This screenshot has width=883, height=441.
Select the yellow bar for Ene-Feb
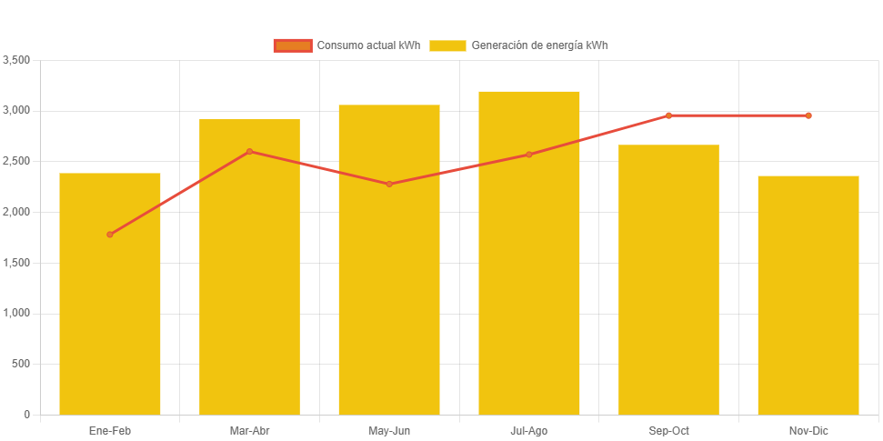pos(110,300)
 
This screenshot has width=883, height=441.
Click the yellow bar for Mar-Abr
pos(249,273)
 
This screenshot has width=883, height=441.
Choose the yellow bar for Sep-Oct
pos(668,282)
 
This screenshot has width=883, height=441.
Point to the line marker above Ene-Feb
pos(110,235)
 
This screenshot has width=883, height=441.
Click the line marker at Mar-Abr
pos(249,151)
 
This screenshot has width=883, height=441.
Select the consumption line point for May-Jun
pos(389,184)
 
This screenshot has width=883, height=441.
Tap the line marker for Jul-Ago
pos(528,155)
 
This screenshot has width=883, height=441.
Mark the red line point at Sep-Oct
pos(668,115)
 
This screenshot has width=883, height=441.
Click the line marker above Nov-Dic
pos(808,115)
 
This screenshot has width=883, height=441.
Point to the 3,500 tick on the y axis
pos(17,60)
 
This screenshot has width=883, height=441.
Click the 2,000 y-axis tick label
pos(17,212)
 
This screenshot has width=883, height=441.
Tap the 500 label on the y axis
pos(21,364)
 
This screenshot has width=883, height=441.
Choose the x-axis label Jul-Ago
pos(528,430)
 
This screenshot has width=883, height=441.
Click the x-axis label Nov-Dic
pos(808,430)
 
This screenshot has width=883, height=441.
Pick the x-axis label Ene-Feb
pos(110,430)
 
